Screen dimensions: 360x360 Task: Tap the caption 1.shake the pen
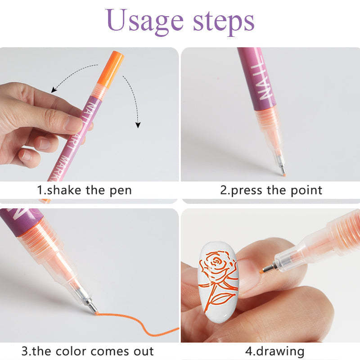84,189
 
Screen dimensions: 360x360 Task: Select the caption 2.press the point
271,189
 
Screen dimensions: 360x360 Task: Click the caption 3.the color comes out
88,351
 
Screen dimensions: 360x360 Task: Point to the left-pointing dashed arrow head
54,90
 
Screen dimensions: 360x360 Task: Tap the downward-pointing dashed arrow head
138,125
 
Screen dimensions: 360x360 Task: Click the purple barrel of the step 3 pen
18,220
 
